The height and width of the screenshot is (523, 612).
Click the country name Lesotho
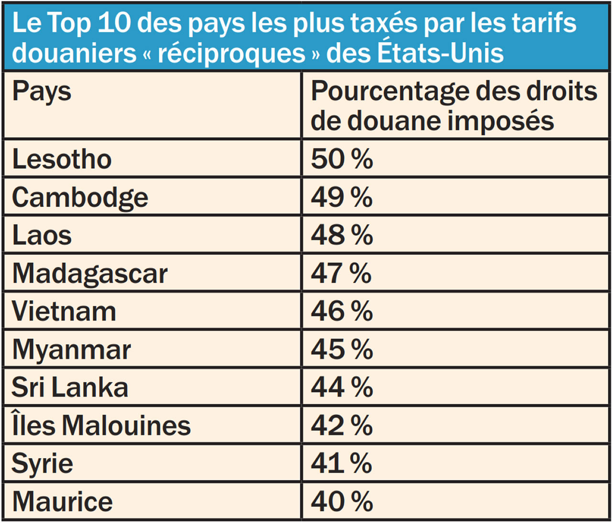coord(62,159)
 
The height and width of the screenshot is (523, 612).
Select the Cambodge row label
coord(80,197)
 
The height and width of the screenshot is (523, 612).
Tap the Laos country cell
coord(42,235)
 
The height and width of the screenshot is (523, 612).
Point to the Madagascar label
coord(90,273)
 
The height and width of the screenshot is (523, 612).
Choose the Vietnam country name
coord(64,311)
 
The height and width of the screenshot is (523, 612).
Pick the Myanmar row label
coord(71,349)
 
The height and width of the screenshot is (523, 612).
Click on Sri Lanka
coord(70,387)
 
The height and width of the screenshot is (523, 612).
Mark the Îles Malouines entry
coord(101,425)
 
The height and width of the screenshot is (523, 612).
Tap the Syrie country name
coord(42,464)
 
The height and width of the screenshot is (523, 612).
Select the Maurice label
coord(63,501)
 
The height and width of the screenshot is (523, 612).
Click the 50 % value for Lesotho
coord(341,159)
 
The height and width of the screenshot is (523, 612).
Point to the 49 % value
coord(341,197)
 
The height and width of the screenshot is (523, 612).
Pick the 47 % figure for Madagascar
coord(341,273)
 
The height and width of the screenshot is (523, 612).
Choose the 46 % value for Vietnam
coord(341,311)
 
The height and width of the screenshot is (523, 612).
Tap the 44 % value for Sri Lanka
coord(341,387)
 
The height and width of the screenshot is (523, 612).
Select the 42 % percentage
coord(341,425)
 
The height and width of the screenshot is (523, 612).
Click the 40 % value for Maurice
coord(341,501)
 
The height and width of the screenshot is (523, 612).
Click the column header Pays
coord(42,92)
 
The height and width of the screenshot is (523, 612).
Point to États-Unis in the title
coord(440,53)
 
